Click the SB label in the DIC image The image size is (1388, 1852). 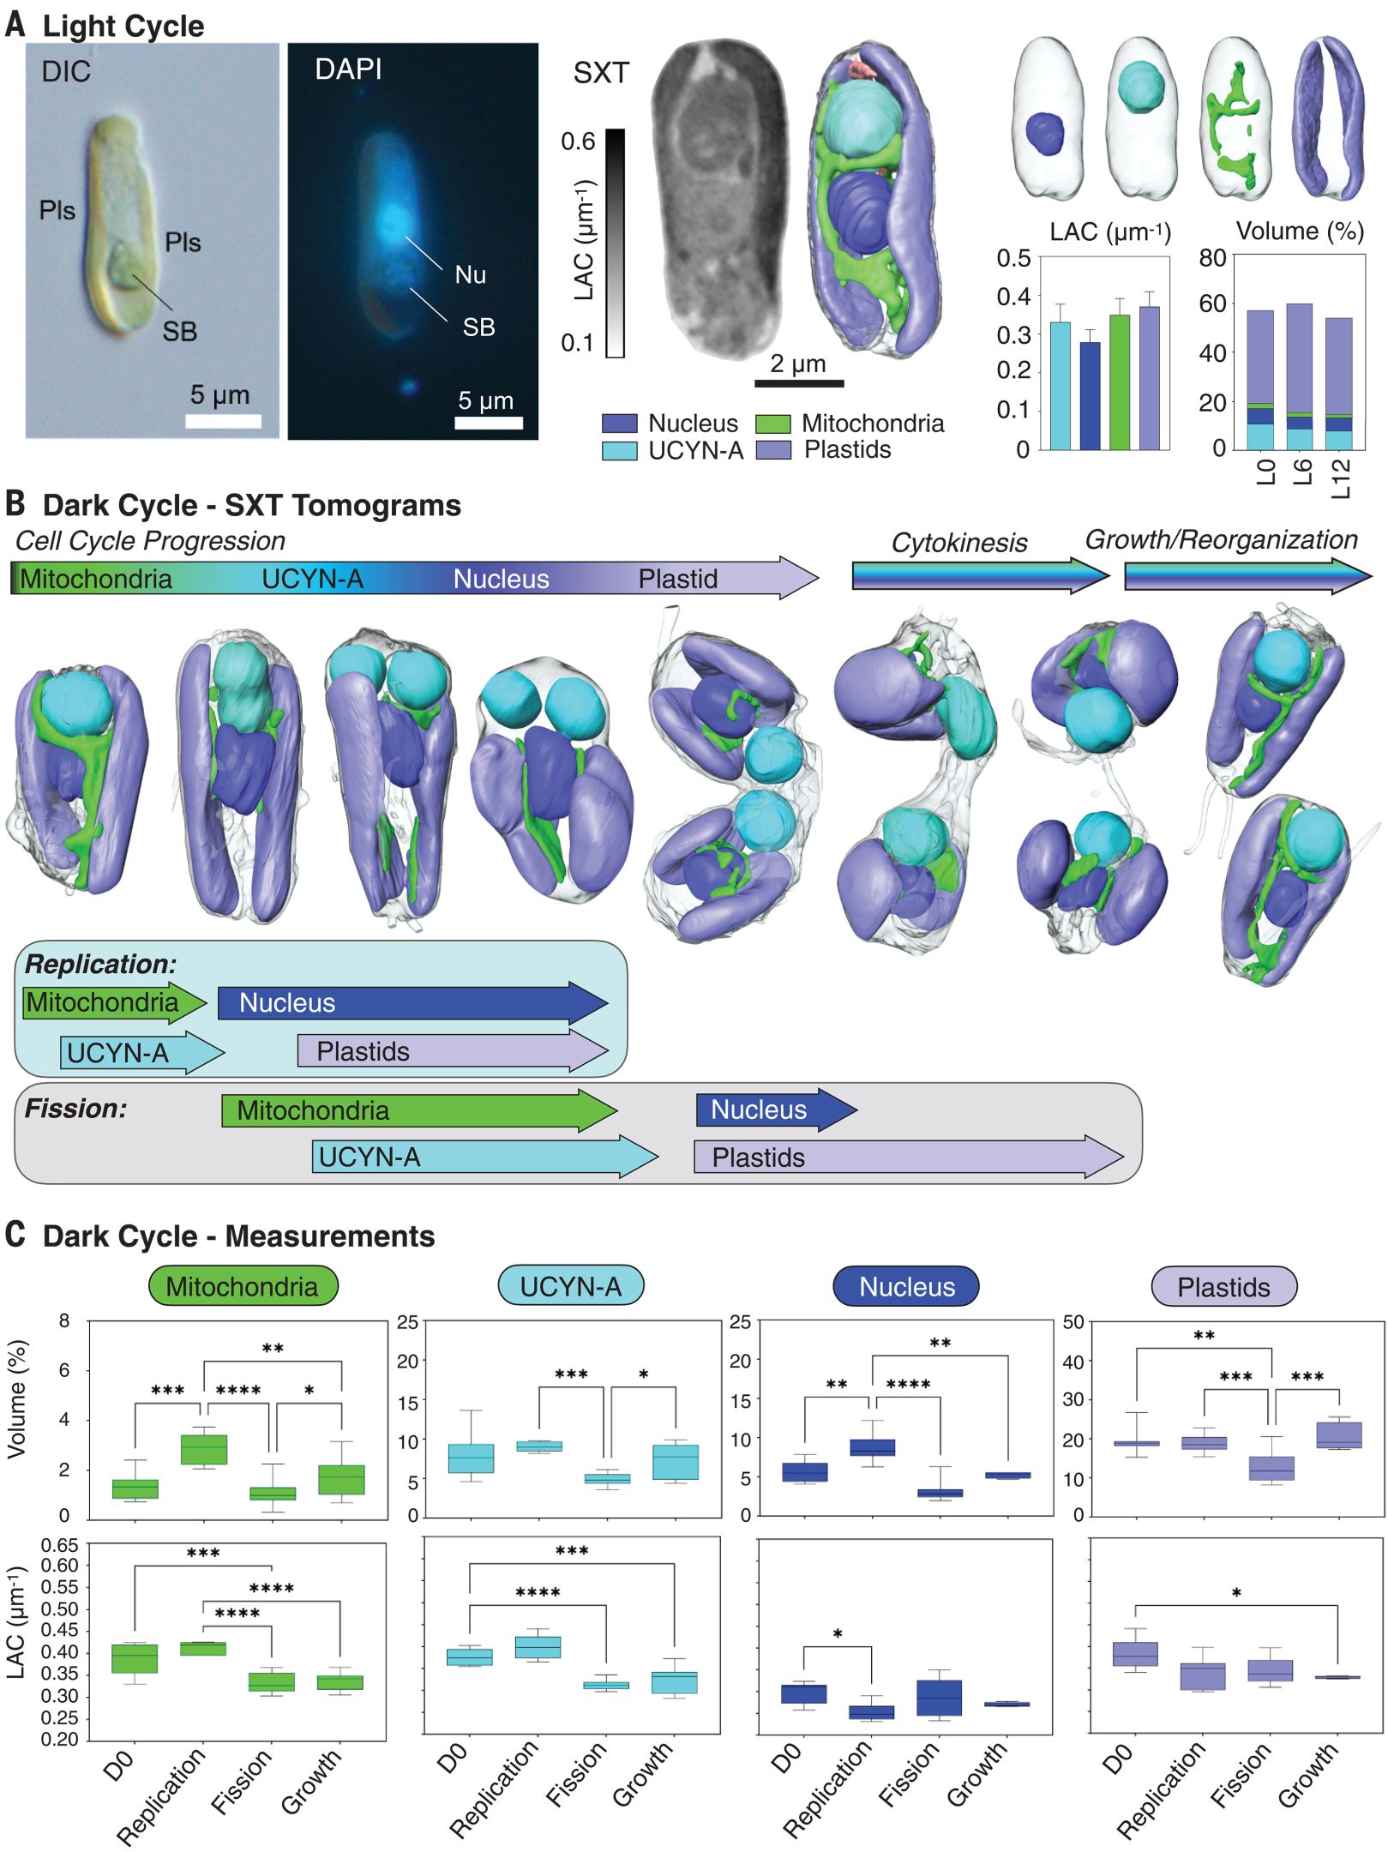click(x=179, y=331)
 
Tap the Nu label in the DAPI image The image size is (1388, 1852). click(x=470, y=274)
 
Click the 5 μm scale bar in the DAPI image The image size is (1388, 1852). click(x=488, y=423)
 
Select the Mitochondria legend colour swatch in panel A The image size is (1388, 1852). click(x=772, y=424)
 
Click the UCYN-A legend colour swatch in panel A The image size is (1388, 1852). click(x=619, y=451)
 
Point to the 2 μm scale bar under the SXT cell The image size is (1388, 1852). click(x=798, y=382)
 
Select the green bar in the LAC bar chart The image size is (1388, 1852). click(x=1119, y=382)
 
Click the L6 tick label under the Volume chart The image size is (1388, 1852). click(x=1301, y=471)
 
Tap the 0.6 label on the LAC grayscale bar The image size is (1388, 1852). click(x=578, y=141)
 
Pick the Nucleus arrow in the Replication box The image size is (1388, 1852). click(x=412, y=1002)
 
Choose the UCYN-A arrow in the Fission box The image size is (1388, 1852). click(x=484, y=1157)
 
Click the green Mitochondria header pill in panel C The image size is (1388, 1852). click(x=243, y=1286)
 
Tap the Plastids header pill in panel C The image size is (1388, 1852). click(x=1223, y=1287)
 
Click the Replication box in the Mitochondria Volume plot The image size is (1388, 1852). click(x=204, y=1449)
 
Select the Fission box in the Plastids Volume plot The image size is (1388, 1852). click(x=1271, y=1469)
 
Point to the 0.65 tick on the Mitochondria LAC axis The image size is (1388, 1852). click(x=60, y=1545)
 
